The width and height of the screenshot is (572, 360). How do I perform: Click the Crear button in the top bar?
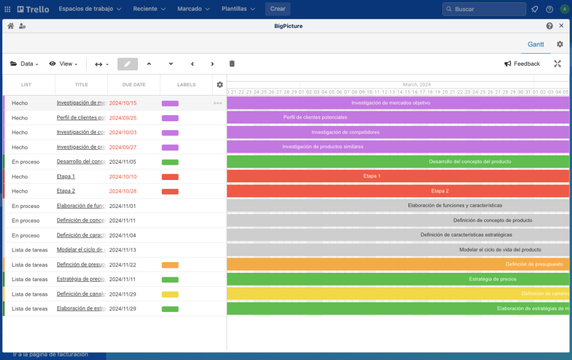pyautogui.click(x=278, y=9)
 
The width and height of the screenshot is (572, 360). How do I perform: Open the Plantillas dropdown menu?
pyautogui.click(x=237, y=9)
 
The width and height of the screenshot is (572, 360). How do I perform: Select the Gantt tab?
pyautogui.click(x=536, y=44)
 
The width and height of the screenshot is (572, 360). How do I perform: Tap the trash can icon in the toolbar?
pyautogui.click(x=232, y=64)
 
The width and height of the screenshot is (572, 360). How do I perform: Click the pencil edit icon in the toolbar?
pyautogui.click(x=127, y=64)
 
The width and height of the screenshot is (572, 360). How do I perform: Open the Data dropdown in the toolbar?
pyautogui.click(x=24, y=64)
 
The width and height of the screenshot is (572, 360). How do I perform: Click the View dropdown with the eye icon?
pyautogui.click(x=63, y=64)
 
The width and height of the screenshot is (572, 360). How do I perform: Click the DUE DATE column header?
pyautogui.click(x=134, y=85)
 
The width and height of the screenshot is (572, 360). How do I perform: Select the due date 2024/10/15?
pyautogui.click(x=123, y=103)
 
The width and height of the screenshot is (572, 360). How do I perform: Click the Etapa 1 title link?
pyautogui.click(x=66, y=177)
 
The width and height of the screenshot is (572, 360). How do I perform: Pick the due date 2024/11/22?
pyautogui.click(x=123, y=265)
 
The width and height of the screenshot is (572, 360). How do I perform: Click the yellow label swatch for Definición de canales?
pyautogui.click(x=170, y=294)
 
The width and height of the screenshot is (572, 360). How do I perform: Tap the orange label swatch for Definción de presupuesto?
pyautogui.click(x=170, y=265)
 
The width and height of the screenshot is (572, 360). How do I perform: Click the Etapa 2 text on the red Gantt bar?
pyautogui.click(x=440, y=191)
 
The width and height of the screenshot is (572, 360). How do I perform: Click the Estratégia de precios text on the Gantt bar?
pyautogui.click(x=492, y=279)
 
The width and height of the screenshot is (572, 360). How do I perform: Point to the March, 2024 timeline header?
pyautogui.click(x=417, y=84)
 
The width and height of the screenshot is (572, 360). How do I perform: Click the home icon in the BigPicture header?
pyautogui.click(x=11, y=26)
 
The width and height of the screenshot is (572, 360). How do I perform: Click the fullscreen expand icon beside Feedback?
pyautogui.click(x=557, y=64)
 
